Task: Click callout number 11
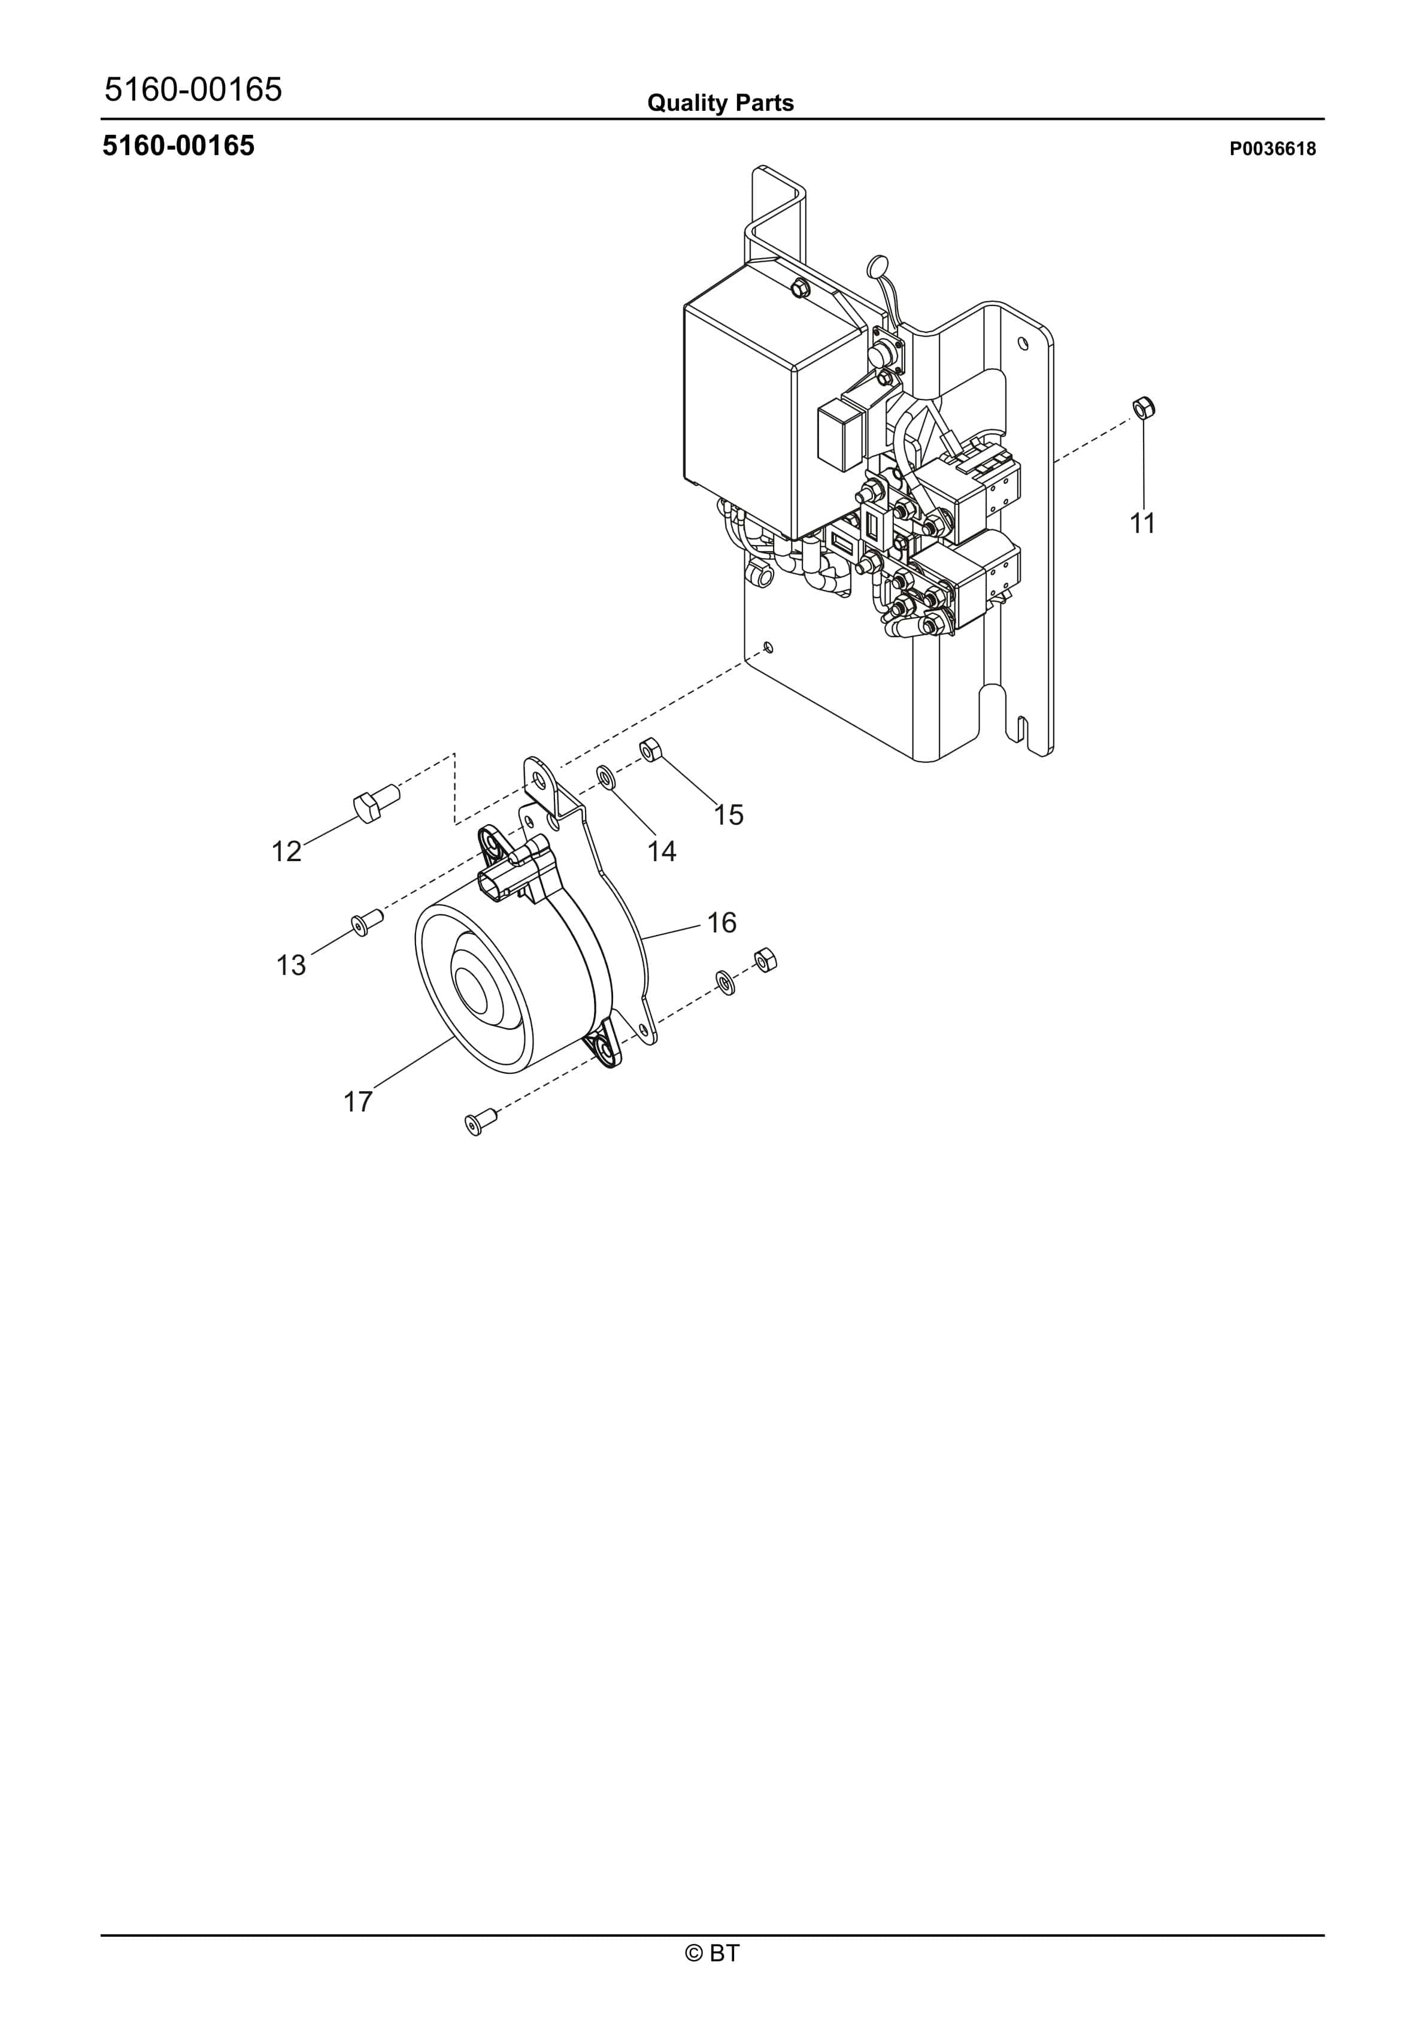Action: (x=1142, y=523)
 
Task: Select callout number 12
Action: (x=286, y=850)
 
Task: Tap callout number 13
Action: (x=291, y=965)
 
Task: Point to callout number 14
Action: (x=662, y=850)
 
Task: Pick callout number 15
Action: (x=728, y=814)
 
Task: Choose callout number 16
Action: (x=721, y=922)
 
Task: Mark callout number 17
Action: (x=357, y=1101)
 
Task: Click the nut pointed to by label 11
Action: (x=1143, y=408)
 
